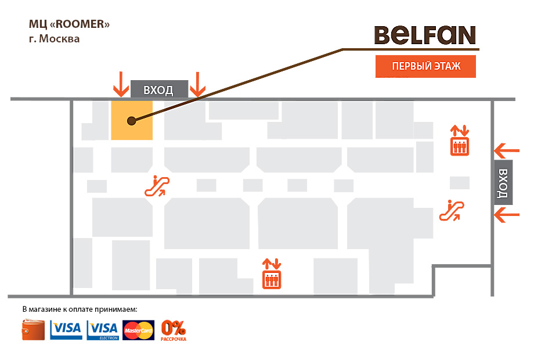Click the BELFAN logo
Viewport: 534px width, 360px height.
coord(425,35)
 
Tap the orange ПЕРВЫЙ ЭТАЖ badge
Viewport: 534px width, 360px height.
coord(426,67)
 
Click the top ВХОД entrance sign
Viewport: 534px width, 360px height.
coord(159,89)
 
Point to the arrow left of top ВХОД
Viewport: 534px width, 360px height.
coord(121,84)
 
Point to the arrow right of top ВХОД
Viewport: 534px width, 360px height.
coord(199,84)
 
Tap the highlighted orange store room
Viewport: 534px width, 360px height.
coord(132,120)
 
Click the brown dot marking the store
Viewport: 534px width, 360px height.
coord(132,121)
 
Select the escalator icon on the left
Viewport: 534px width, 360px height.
coord(157,186)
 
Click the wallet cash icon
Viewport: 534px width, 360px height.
coord(34,330)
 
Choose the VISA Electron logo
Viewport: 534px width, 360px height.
coord(103,330)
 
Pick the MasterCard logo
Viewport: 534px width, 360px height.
coord(139,330)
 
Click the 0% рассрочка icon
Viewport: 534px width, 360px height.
coord(174,330)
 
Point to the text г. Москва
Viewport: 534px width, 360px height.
coord(55,39)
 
